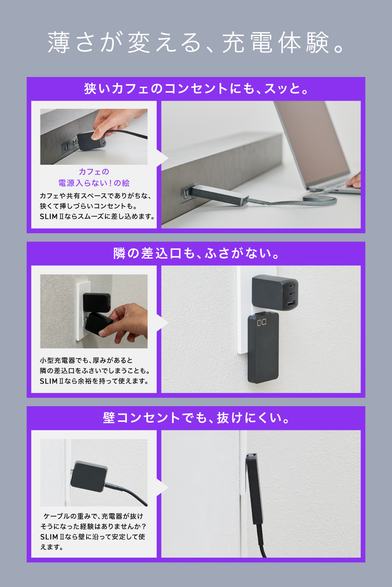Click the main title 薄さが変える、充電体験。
coord(196,42)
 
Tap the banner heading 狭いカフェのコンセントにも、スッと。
coord(196,88)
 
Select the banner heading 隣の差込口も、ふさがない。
coord(196,254)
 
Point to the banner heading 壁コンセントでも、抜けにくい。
coord(196,418)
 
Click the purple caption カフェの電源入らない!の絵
coord(94,177)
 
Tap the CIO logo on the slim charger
coord(262,322)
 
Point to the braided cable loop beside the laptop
coord(319,200)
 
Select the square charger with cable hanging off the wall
coord(89,476)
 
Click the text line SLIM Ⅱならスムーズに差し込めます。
coord(97,217)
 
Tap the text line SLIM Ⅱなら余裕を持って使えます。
coord(94,381)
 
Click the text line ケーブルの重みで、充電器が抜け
coord(93,516)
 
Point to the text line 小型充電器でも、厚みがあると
coord(86,360)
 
